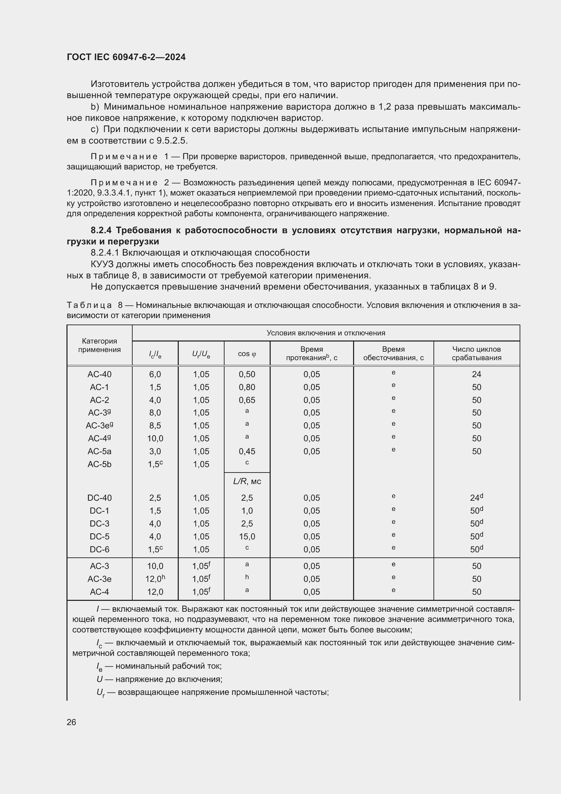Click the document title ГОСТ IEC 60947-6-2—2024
(126, 57)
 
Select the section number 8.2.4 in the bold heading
(101, 230)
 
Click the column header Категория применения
(99, 345)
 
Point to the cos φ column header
(247, 354)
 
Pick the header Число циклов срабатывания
(476, 353)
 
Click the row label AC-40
(99, 374)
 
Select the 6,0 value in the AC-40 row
(155, 374)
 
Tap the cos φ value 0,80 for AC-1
(247, 387)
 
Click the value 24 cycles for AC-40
(476, 374)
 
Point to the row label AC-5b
(99, 464)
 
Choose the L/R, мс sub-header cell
(247, 481)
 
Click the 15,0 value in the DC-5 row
(247, 536)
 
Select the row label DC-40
(99, 498)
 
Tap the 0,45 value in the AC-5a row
(247, 451)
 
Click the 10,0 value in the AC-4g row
(155, 439)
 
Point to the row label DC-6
(99, 549)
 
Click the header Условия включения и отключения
(325, 333)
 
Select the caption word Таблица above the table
(89, 305)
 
